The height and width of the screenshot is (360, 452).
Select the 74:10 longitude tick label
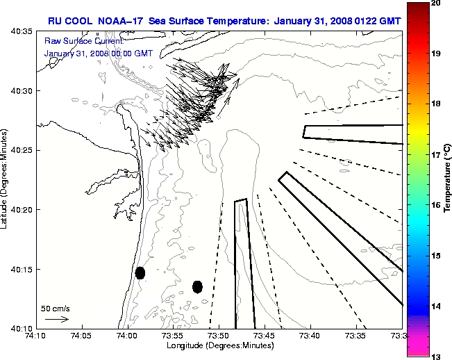[x=35, y=335]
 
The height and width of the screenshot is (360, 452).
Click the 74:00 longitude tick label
[x=127, y=335]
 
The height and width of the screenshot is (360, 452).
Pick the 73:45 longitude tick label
[x=265, y=335]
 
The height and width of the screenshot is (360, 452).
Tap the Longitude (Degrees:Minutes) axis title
[x=218, y=345]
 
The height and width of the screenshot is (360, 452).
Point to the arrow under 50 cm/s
[x=56, y=319]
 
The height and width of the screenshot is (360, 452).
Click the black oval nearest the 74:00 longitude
[x=140, y=272]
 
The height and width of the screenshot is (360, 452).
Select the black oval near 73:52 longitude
[x=197, y=286]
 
